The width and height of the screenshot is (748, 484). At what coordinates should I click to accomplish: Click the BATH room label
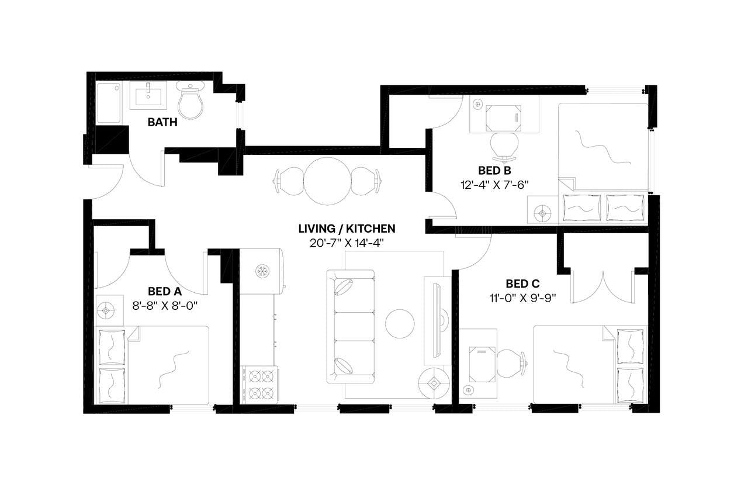pyautogui.click(x=162, y=123)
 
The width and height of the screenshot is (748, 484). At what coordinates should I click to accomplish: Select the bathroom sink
pyautogui.click(x=148, y=95)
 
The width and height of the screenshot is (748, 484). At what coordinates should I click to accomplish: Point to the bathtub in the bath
pyautogui.click(x=108, y=103)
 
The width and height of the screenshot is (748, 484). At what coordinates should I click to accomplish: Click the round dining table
pyautogui.click(x=328, y=181)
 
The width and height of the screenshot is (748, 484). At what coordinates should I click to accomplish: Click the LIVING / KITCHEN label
pyautogui.click(x=347, y=229)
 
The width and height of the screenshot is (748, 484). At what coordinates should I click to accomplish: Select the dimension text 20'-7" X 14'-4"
pyautogui.click(x=347, y=243)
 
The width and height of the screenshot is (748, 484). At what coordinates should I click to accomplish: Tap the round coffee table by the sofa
pyautogui.click(x=400, y=323)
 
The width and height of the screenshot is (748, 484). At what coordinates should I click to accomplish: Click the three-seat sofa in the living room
pyautogui.click(x=351, y=326)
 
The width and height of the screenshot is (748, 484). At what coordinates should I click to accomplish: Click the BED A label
pyautogui.click(x=165, y=291)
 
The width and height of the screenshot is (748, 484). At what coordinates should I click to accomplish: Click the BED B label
pyautogui.click(x=494, y=171)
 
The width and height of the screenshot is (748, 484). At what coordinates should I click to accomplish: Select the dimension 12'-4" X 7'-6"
pyautogui.click(x=494, y=184)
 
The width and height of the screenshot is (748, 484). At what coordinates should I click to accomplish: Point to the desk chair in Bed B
pyautogui.click(x=504, y=146)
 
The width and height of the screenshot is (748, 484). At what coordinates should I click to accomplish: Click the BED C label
pyautogui.click(x=522, y=284)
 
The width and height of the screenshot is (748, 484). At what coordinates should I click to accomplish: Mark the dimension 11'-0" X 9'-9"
pyautogui.click(x=522, y=298)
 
